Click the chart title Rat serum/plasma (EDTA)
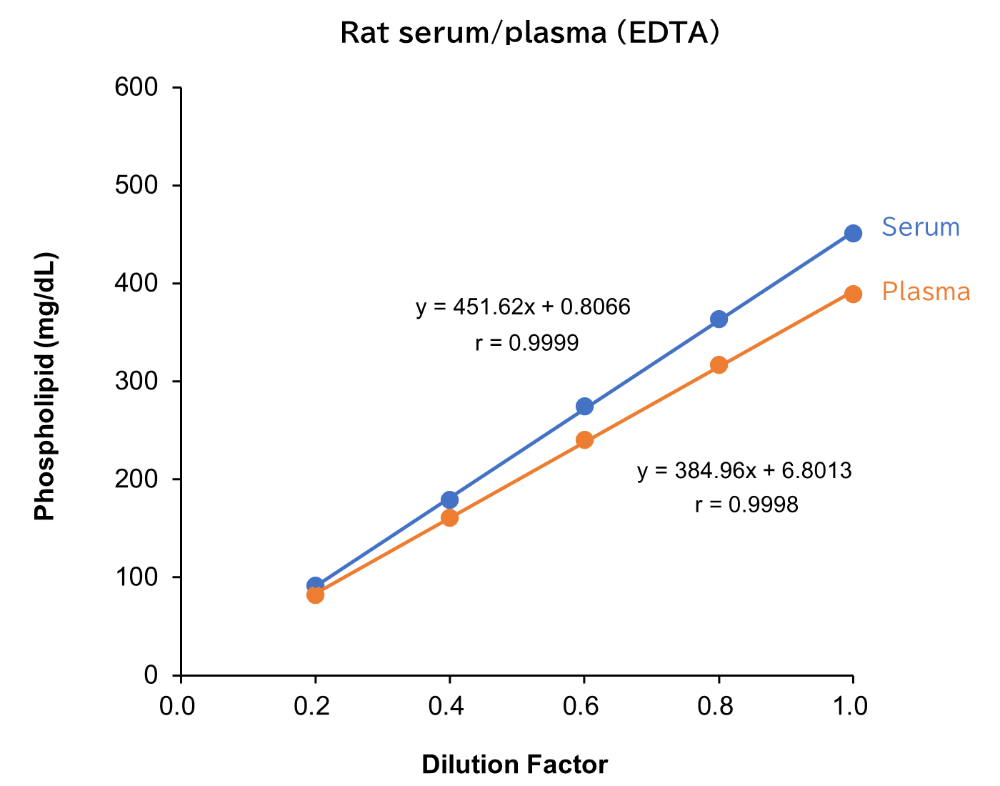coord(529,33)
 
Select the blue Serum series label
coord(921,227)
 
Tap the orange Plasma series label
coord(926,292)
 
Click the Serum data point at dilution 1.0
coord(853,234)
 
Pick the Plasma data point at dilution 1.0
coord(853,294)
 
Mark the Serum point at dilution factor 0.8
coord(719,319)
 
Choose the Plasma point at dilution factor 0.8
coord(719,365)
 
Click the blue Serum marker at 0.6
coord(584,407)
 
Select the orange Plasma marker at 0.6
coord(584,440)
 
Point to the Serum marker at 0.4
coord(450,499)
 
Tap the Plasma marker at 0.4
coord(450,518)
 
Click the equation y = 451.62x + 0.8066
coord(524,307)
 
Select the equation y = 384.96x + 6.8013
coord(744,471)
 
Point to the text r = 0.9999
coord(527,344)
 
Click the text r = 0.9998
coord(746,505)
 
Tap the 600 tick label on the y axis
coord(136,88)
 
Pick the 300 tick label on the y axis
coord(136,382)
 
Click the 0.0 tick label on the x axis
coord(176,706)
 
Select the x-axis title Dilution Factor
coord(514,765)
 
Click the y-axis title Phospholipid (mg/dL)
coord(45,386)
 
